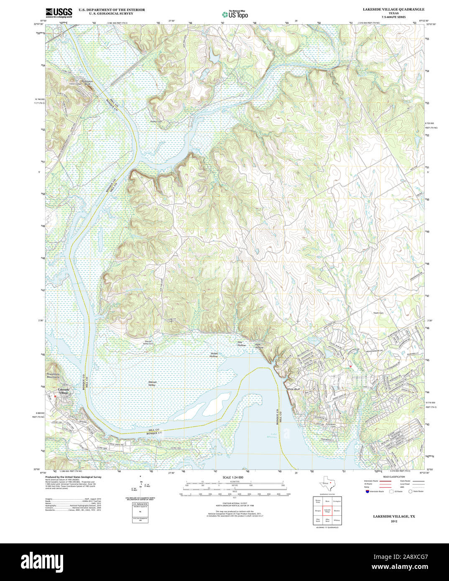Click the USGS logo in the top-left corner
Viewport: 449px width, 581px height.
point(59,12)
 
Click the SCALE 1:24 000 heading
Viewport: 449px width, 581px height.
point(233,477)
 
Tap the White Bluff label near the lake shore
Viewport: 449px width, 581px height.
point(293,389)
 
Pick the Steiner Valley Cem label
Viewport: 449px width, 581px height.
point(148,342)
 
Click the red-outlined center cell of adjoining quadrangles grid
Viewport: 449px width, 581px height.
point(327,510)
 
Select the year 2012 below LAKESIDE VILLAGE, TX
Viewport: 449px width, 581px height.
point(394,521)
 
